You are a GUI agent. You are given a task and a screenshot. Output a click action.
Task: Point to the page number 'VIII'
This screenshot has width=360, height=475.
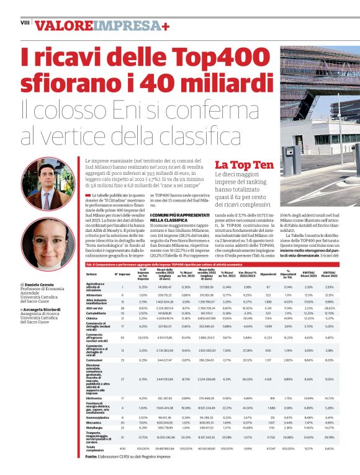pyautogui.click(x=25, y=22)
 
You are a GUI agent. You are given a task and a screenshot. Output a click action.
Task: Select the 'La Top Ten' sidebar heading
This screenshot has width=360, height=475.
pyautogui.click(x=244, y=165)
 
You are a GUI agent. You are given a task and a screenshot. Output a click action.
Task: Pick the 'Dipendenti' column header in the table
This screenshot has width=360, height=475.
pyautogui.click(x=268, y=273)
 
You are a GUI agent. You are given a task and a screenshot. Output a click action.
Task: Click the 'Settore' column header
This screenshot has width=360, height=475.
pyautogui.click(x=91, y=273)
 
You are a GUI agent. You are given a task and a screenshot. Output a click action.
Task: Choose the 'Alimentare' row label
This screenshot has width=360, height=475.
pyautogui.click(x=94, y=295)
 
